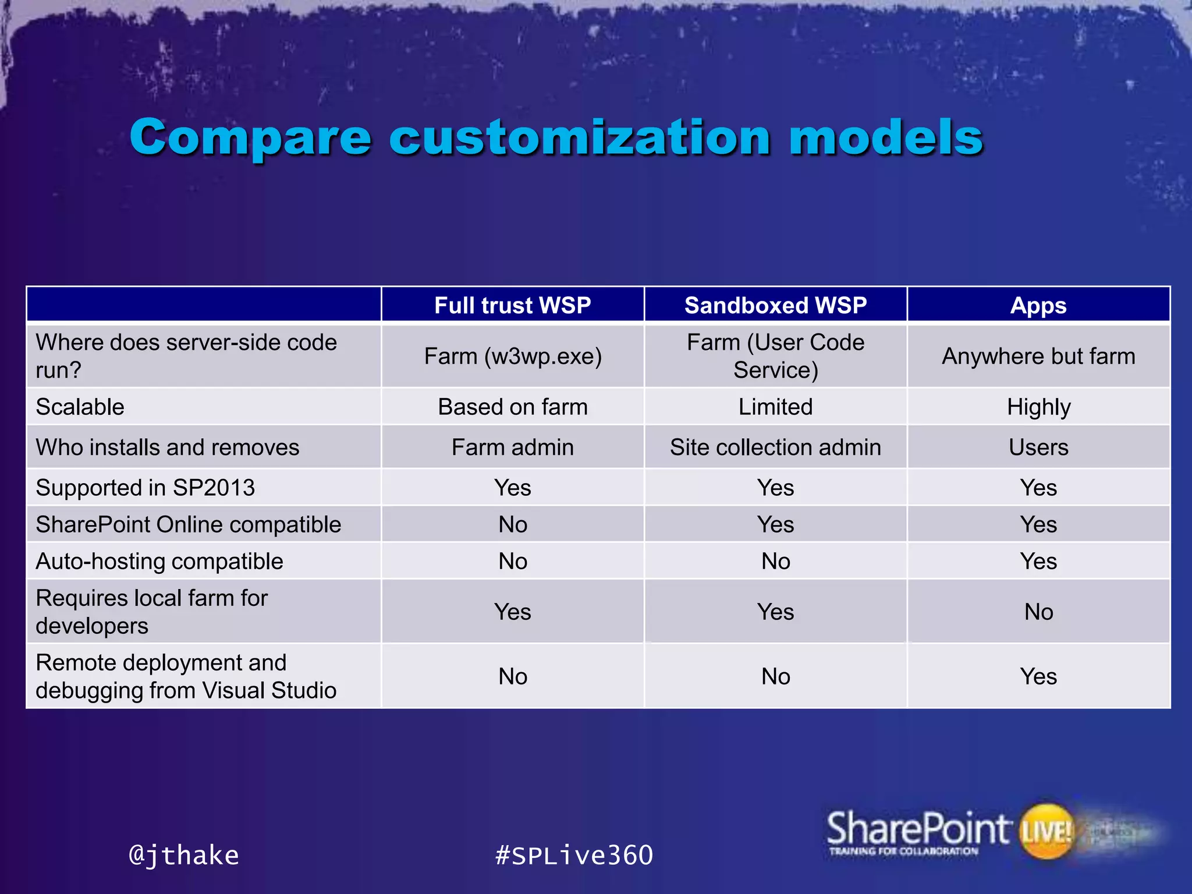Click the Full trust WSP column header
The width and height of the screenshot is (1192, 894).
(x=512, y=305)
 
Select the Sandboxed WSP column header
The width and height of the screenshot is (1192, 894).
(x=775, y=305)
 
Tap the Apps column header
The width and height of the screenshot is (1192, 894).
(x=1038, y=305)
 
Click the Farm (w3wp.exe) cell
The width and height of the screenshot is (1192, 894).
(x=512, y=356)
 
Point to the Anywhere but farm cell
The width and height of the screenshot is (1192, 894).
(x=1038, y=356)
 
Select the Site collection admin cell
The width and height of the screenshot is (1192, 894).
(x=775, y=447)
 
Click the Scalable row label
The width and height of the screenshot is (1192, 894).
(x=80, y=407)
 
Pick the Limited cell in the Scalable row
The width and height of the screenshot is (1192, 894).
(x=775, y=407)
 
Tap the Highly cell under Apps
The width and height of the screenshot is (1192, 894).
(x=1038, y=407)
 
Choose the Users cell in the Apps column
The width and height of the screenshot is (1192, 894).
(x=1038, y=447)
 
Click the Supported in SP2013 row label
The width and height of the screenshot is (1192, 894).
(x=146, y=488)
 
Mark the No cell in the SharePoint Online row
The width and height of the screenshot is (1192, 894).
(x=512, y=524)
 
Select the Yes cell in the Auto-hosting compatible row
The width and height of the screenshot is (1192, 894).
(x=1038, y=561)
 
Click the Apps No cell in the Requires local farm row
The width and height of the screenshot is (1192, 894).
(x=1038, y=612)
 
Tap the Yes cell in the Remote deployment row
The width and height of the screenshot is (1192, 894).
(x=1038, y=676)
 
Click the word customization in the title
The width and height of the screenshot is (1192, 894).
(x=580, y=137)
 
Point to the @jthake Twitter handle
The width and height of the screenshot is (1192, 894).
(x=183, y=855)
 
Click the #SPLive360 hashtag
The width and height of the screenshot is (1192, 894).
(x=574, y=855)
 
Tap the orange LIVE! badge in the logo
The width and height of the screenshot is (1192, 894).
(x=1046, y=831)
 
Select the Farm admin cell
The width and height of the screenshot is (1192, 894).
(x=512, y=447)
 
